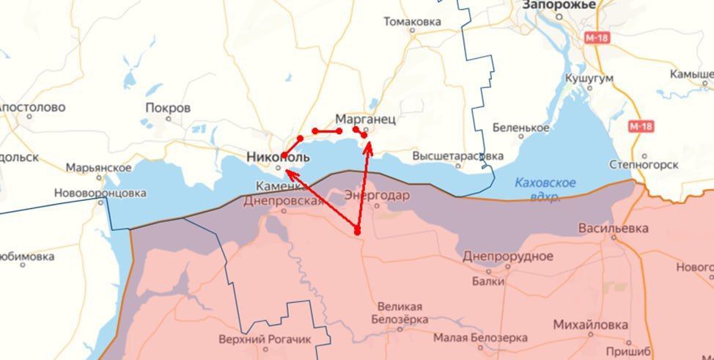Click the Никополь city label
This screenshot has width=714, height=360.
pos(278,158)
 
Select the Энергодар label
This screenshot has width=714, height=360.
pos(377,196)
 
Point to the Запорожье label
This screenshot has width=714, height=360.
pos(559,5)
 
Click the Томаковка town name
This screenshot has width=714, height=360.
pos(412,22)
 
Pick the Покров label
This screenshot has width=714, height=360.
pos(168,108)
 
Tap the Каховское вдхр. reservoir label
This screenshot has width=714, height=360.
pos(545,189)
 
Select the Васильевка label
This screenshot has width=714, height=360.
pos(613,228)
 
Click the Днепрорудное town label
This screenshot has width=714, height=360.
pos(507,256)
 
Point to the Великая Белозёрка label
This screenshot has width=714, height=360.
pos(400,313)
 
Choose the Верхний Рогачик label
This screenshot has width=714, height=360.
pos(265,339)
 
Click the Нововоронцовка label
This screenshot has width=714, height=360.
pos(100,194)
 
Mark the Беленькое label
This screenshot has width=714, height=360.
pos(520,128)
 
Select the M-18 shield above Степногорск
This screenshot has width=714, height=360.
pos(640,127)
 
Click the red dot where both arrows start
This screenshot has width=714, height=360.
pos(357,231)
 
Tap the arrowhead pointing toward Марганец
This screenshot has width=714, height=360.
pos(369,144)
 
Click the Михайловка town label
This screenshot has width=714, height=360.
pos(590,325)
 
